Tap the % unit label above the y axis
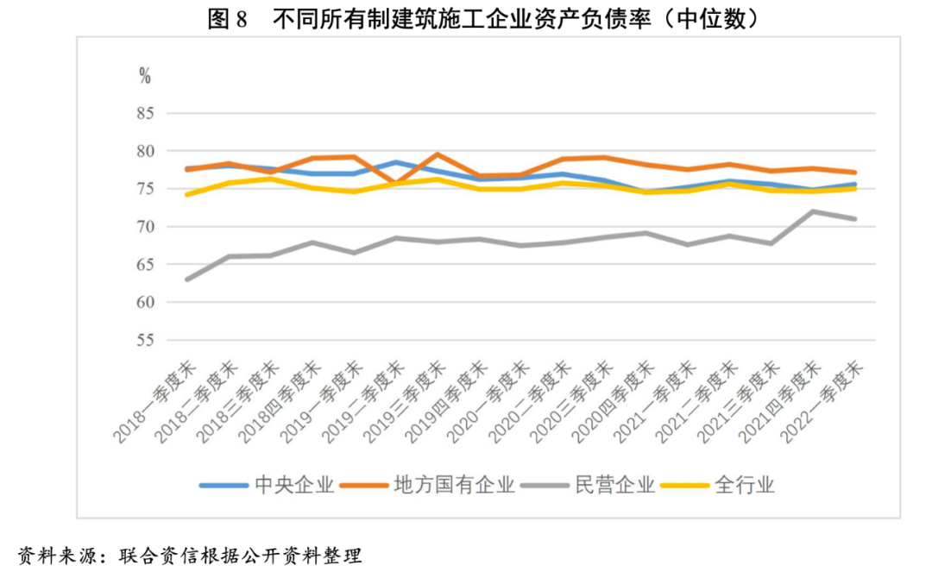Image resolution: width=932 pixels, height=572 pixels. pos(145,76)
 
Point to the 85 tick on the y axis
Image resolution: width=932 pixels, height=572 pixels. pos(144,114)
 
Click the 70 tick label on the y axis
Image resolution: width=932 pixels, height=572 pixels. pos(144,227)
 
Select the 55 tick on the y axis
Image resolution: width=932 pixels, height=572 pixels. pos(144,341)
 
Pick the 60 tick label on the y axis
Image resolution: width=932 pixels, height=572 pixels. pos(144,303)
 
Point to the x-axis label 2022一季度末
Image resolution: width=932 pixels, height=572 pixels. pos(825,401)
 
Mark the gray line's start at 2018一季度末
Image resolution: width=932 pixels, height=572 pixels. pos(187,280)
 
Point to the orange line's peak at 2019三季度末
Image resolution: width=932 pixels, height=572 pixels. pos(438,154)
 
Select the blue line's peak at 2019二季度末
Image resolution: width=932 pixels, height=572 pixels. pos(395,162)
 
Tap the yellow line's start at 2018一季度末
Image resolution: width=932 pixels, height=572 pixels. pos(187,194)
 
